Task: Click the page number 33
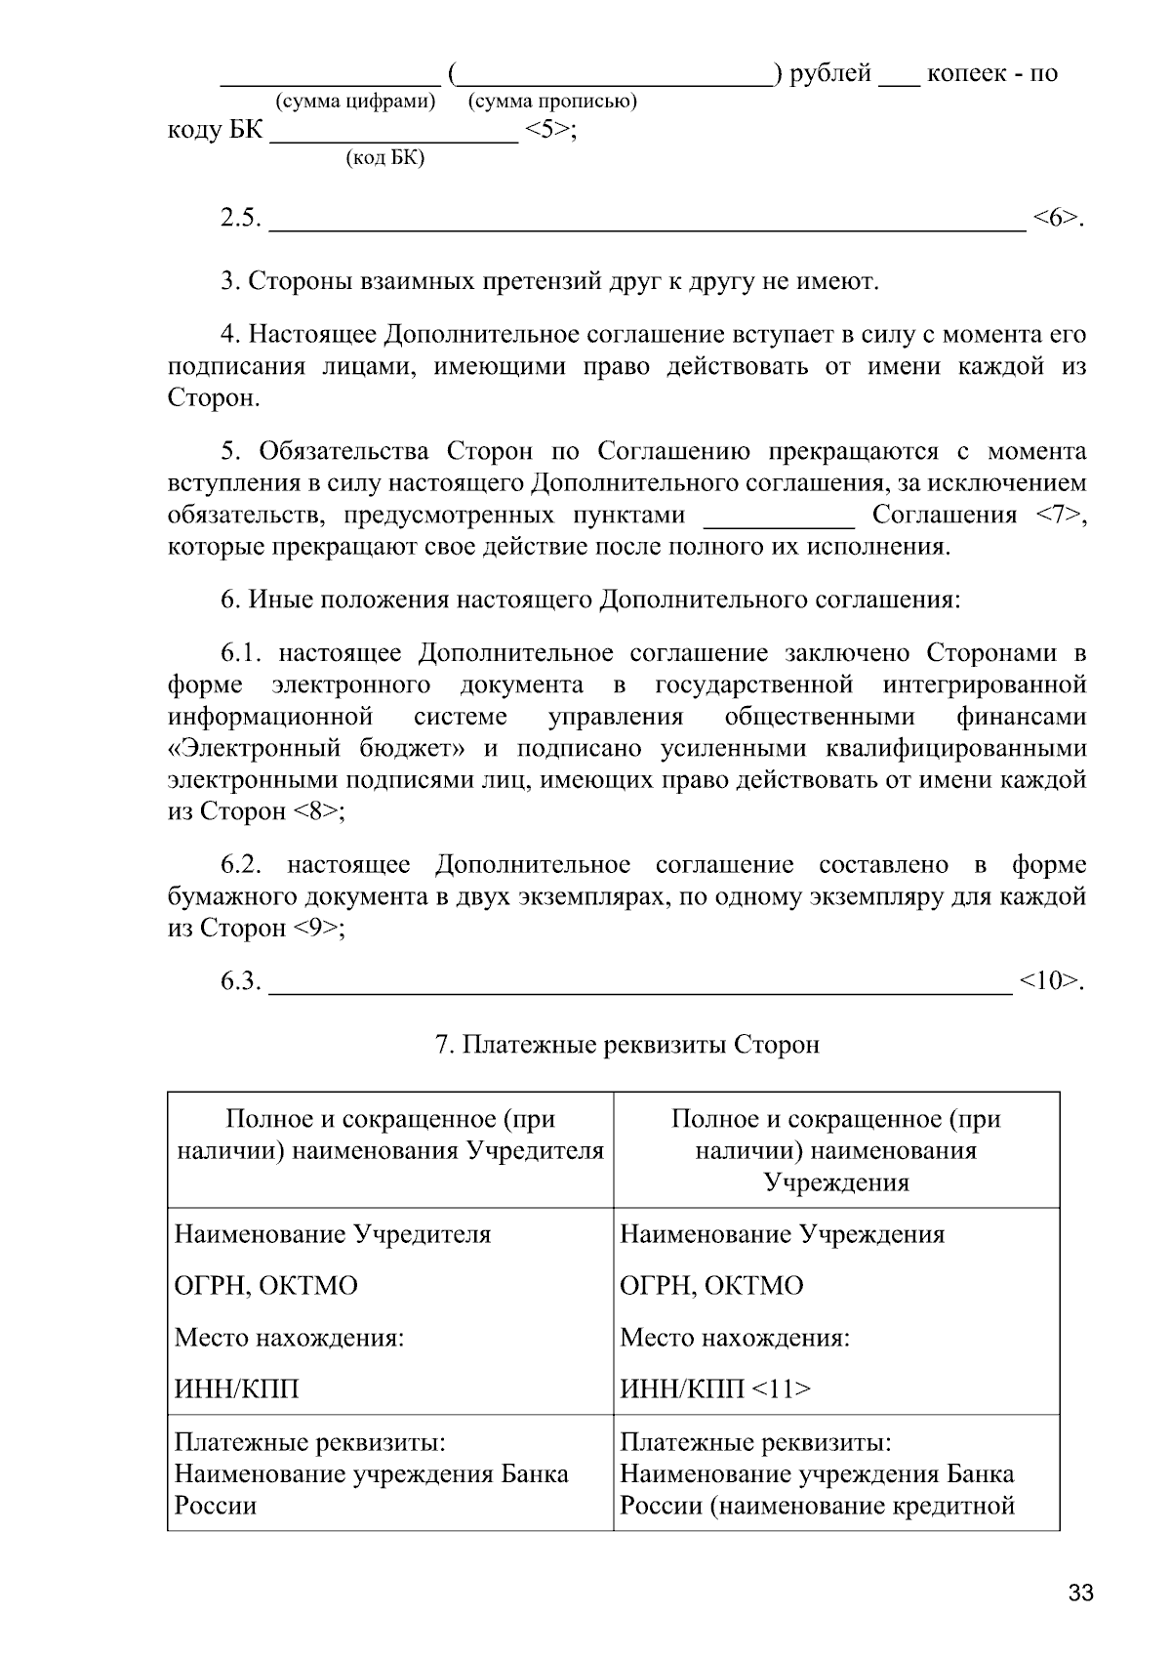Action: tap(1080, 1595)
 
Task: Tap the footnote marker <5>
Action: tap(549, 130)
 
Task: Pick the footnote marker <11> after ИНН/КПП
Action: tap(783, 1388)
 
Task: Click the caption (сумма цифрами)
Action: tap(355, 102)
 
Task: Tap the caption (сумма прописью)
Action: tap(552, 102)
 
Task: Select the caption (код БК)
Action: tap(385, 158)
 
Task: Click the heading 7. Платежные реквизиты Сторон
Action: tap(626, 1045)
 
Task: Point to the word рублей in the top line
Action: tap(829, 74)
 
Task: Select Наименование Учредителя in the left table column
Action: tap(333, 1234)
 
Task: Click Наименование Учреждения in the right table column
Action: tap(783, 1234)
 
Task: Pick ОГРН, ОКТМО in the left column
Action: tap(265, 1286)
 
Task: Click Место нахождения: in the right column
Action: tap(735, 1337)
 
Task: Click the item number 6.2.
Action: tap(241, 865)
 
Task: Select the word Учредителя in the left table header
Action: tap(535, 1151)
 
